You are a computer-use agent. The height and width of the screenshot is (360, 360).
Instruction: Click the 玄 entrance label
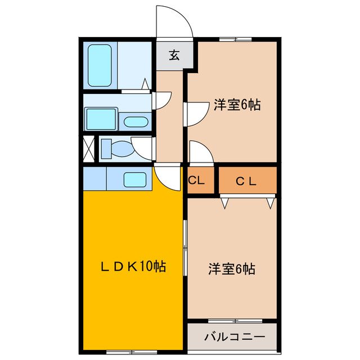pos(174,55)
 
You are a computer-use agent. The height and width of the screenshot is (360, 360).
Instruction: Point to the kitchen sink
pos(135,181)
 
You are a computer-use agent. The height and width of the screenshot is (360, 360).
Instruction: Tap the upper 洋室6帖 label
pos(237,105)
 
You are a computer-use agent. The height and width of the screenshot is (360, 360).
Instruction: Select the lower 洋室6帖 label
pos(232,269)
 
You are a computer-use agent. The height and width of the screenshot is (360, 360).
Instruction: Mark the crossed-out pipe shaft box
pos(88,148)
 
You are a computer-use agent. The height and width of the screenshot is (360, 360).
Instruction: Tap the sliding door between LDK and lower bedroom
pos(184,247)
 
